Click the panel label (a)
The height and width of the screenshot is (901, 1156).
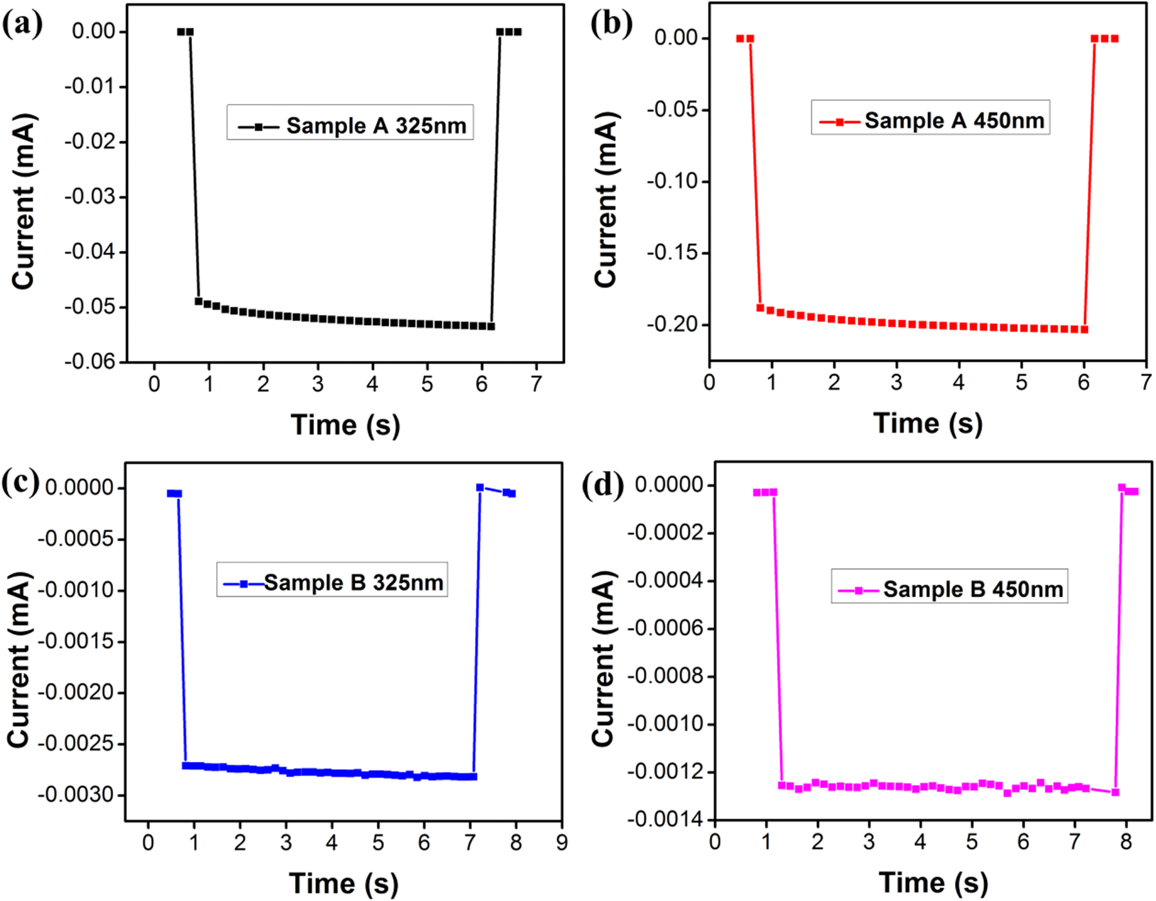click(x=22, y=25)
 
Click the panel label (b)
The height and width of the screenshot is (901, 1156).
click(x=611, y=25)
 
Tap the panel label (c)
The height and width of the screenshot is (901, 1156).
click(x=21, y=483)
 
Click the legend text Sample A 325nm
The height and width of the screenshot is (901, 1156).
click(x=376, y=126)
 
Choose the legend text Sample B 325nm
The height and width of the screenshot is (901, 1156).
click(x=354, y=583)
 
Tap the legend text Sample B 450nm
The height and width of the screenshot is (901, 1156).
click(x=973, y=589)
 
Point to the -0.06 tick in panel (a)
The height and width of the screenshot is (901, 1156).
click(x=89, y=362)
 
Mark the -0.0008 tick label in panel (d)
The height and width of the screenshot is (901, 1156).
click(x=664, y=676)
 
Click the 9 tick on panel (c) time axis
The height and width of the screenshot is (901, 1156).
click(x=562, y=843)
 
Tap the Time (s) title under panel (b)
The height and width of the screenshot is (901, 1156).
click(x=928, y=423)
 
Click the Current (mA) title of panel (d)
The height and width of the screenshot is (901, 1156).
click(x=604, y=659)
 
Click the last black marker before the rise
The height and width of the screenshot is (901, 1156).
click(x=491, y=326)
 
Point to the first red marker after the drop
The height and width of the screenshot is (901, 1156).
click(x=760, y=308)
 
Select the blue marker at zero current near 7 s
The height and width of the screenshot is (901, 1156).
click(x=480, y=487)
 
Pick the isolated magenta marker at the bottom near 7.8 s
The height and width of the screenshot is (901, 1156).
click(x=1115, y=792)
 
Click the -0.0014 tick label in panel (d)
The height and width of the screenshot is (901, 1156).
click(x=664, y=820)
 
